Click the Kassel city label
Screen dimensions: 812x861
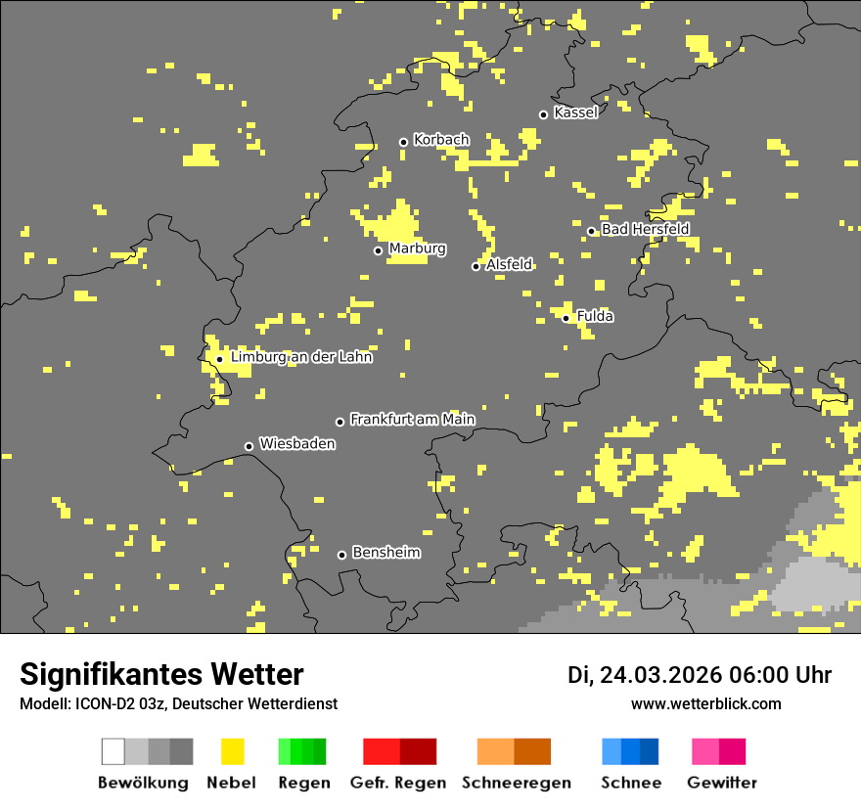(575, 113)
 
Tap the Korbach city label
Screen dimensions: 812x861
(441, 140)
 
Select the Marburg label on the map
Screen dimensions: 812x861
(417, 248)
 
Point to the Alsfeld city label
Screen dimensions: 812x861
(509, 264)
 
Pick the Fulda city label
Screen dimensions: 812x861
(595, 316)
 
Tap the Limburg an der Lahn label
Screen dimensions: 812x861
(301, 357)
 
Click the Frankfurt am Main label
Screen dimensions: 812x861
(412, 419)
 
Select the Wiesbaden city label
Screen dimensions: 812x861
(297, 444)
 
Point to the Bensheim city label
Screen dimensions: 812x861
(385, 553)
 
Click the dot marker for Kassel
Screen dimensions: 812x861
(544, 114)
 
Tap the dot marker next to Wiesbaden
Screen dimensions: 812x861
(249, 446)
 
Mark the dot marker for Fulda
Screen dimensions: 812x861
(566, 318)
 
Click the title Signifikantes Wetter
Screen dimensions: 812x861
(161, 674)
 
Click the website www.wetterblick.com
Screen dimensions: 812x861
(705, 703)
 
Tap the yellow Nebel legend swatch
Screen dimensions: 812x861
(233, 751)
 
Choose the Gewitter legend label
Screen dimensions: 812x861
(722, 783)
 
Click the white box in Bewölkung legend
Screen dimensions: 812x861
(113, 751)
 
